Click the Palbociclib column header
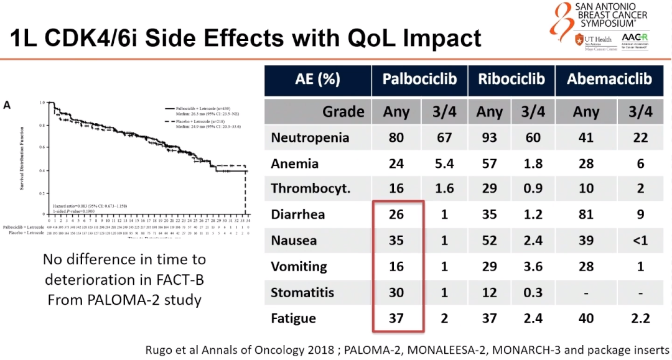click(419, 80)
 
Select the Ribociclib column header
click(511, 80)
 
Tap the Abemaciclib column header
click(609, 80)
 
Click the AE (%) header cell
click(318, 80)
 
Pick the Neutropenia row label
click(310, 137)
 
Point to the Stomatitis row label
click(302, 292)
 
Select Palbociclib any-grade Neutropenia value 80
click(396, 137)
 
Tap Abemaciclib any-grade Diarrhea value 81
click(585, 215)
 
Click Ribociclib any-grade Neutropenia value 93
click(490, 137)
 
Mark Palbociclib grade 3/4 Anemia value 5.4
click(444, 164)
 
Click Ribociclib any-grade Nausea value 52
click(490, 241)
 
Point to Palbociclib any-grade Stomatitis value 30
click(396, 292)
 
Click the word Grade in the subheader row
click(343, 112)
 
